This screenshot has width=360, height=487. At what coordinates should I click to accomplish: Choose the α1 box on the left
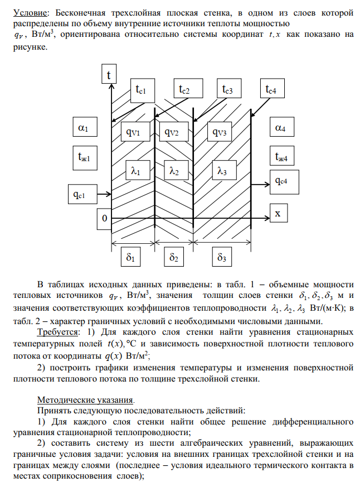coord(84,128)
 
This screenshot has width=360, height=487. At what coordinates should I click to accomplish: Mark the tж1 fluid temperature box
coord(84,157)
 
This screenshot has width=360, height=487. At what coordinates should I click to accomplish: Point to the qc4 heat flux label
coord(284,180)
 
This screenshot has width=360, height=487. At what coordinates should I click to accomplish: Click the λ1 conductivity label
coord(134,172)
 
